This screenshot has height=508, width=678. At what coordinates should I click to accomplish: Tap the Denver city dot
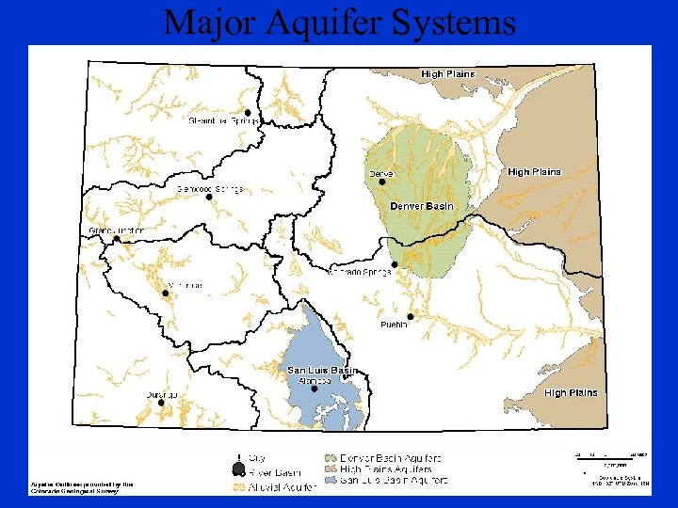coord(382,183)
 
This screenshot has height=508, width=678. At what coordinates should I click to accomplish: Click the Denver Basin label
coord(421,206)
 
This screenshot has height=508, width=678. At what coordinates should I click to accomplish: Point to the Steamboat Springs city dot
coord(248,112)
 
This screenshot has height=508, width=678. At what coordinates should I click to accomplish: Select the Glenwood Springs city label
coord(210,189)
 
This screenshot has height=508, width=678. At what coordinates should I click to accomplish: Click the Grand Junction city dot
coord(117,240)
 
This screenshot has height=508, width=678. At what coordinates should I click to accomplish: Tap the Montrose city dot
coord(166,293)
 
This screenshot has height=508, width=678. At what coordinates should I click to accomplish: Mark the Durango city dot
coord(161,403)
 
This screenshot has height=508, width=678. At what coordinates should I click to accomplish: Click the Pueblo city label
coord(394,325)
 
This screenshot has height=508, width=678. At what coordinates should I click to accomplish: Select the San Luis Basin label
coord(322,371)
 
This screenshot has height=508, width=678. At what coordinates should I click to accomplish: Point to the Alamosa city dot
coord(315,389)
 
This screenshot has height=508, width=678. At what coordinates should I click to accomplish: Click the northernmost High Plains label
coord(447,74)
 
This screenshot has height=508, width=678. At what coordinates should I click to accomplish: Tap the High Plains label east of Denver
coord(534,172)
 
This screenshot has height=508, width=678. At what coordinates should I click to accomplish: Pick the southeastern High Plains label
coord(570,393)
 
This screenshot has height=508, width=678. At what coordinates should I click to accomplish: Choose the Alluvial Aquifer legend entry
coord(275,487)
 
